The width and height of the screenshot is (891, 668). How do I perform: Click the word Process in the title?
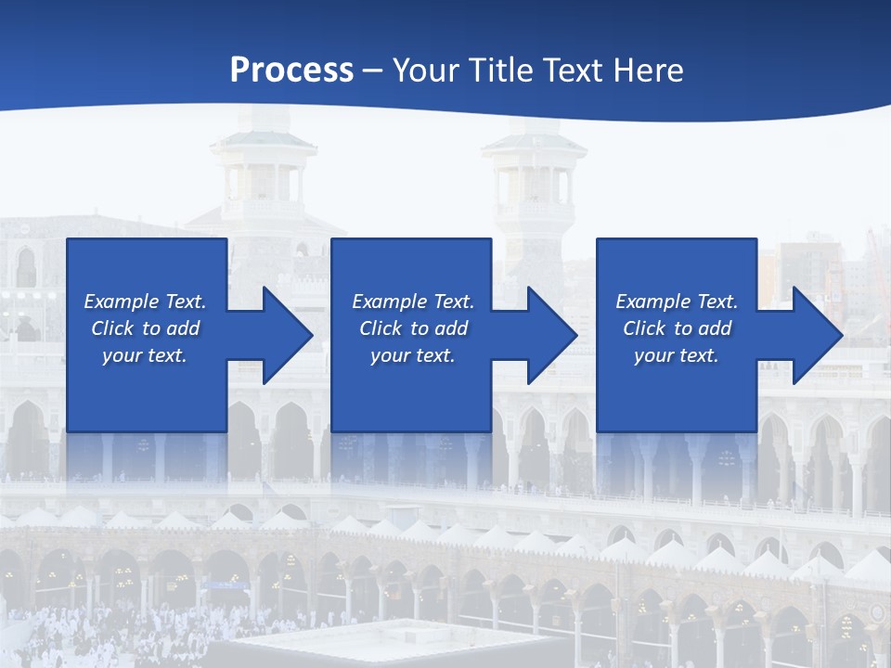291,70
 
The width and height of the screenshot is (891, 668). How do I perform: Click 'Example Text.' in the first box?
145,302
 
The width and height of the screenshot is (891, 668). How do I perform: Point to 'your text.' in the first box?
145,355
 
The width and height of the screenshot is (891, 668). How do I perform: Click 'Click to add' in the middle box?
413,328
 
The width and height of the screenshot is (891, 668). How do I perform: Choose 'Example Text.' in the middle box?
413,302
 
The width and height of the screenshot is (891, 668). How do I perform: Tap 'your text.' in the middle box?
413,355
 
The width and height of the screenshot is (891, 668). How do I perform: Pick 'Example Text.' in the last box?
677,302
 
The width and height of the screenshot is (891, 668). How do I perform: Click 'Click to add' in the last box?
677,328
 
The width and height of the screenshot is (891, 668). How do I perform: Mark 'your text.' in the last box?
677,355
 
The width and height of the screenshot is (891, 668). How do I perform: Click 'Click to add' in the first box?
145,328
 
